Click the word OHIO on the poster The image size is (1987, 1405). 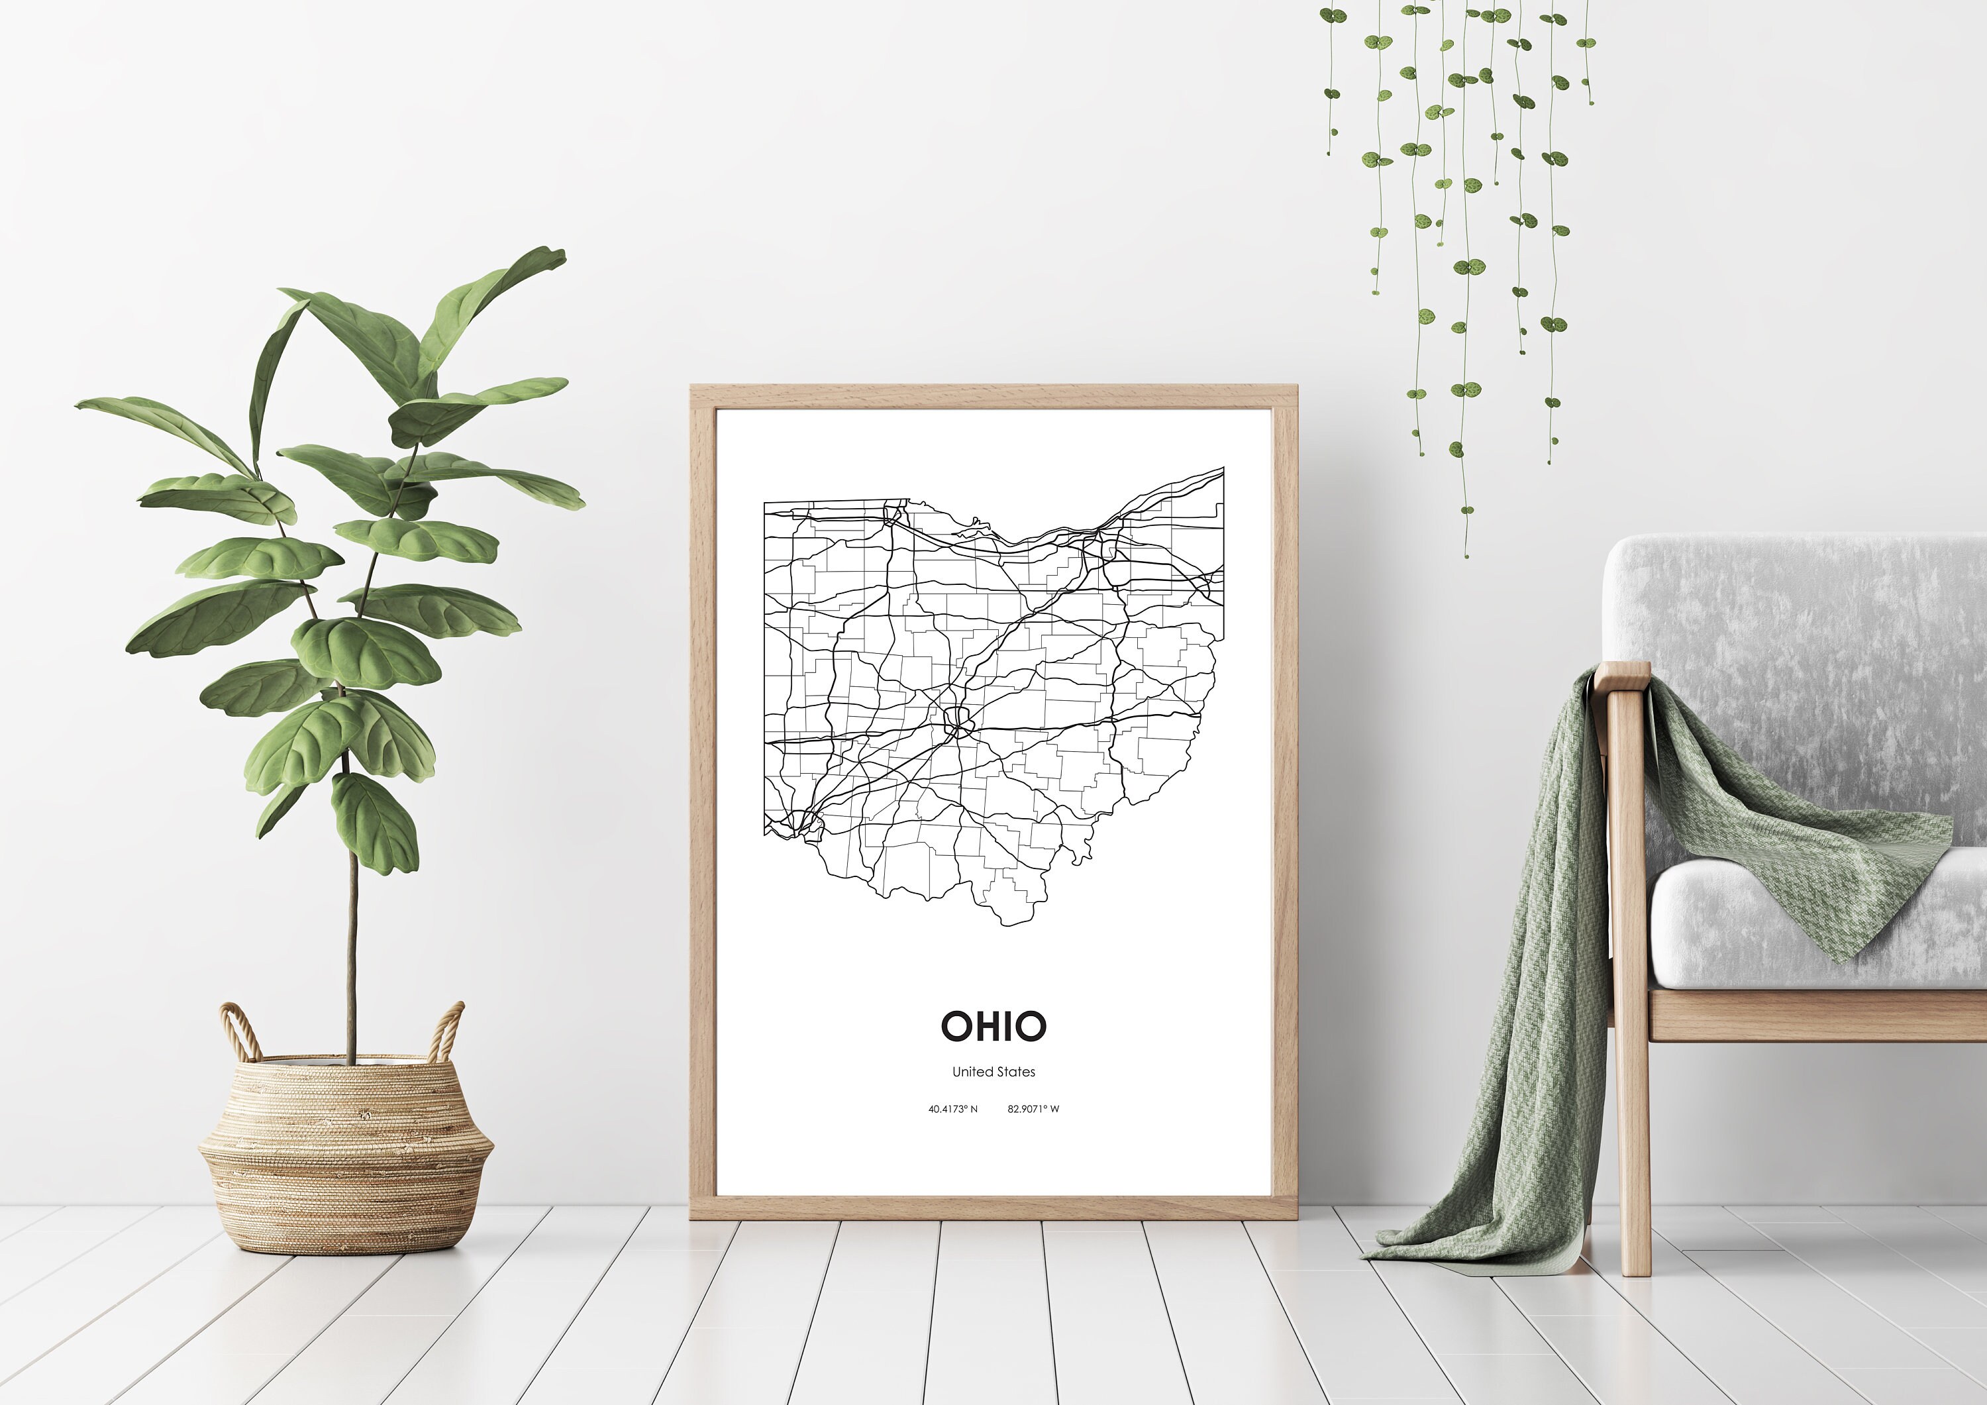(x=993, y=1027)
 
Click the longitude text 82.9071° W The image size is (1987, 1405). (x=1033, y=1109)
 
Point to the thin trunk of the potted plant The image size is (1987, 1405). (x=351, y=953)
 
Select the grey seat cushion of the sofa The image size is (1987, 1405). (x=1817, y=926)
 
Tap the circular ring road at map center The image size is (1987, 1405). (x=958, y=719)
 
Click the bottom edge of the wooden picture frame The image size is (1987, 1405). (x=993, y=1208)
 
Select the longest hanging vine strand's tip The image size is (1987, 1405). (x=1466, y=554)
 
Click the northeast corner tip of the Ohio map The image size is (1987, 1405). (x=1223, y=468)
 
